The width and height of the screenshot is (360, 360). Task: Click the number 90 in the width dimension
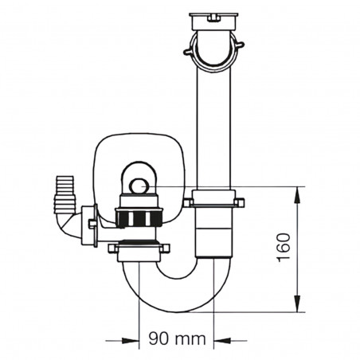tap(157, 338)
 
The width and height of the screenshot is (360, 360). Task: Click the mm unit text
tap(190, 338)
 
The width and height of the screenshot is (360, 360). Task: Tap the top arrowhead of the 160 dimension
tap(299, 192)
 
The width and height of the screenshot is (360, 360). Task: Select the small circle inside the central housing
tap(138, 186)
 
